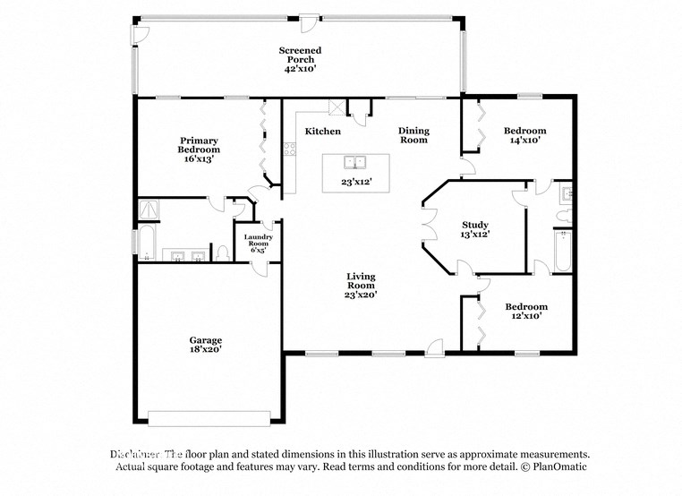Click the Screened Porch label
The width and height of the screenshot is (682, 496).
click(x=299, y=60)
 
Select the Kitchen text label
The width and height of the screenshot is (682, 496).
click(x=322, y=132)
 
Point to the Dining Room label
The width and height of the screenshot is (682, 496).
click(x=413, y=135)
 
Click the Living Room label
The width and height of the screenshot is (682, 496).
click(x=362, y=286)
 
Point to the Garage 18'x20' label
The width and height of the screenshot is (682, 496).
click(x=205, y=346)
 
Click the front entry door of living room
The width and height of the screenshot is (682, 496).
click(x=436, y=346)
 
